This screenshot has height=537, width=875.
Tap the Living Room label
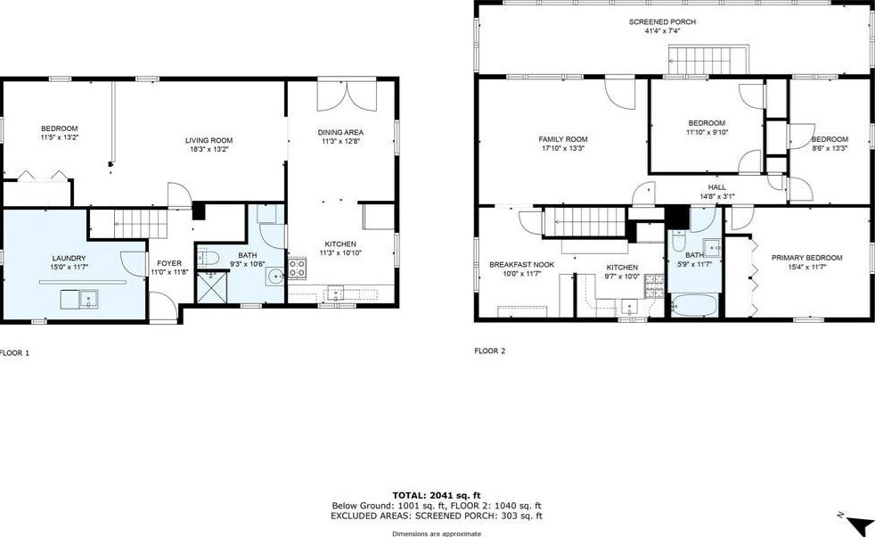click(209, 140)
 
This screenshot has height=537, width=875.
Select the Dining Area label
click(340, 133)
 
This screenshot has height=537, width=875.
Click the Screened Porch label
click(662, 21)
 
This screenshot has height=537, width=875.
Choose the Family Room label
click(563, 139)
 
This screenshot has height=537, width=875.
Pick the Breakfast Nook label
click(521, 264)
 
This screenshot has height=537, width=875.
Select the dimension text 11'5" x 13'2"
click(59, 137)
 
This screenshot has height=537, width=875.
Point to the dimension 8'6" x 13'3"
click(830, 148)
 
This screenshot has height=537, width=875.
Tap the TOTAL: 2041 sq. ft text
click(436, 494)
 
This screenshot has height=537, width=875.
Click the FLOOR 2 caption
click(489, 351)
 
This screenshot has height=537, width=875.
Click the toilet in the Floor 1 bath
click(209, 259)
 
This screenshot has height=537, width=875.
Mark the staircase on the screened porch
click(699, 62)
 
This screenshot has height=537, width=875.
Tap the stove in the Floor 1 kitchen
click(297, 268)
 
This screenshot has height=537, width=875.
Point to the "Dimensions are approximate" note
click(437, 533)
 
